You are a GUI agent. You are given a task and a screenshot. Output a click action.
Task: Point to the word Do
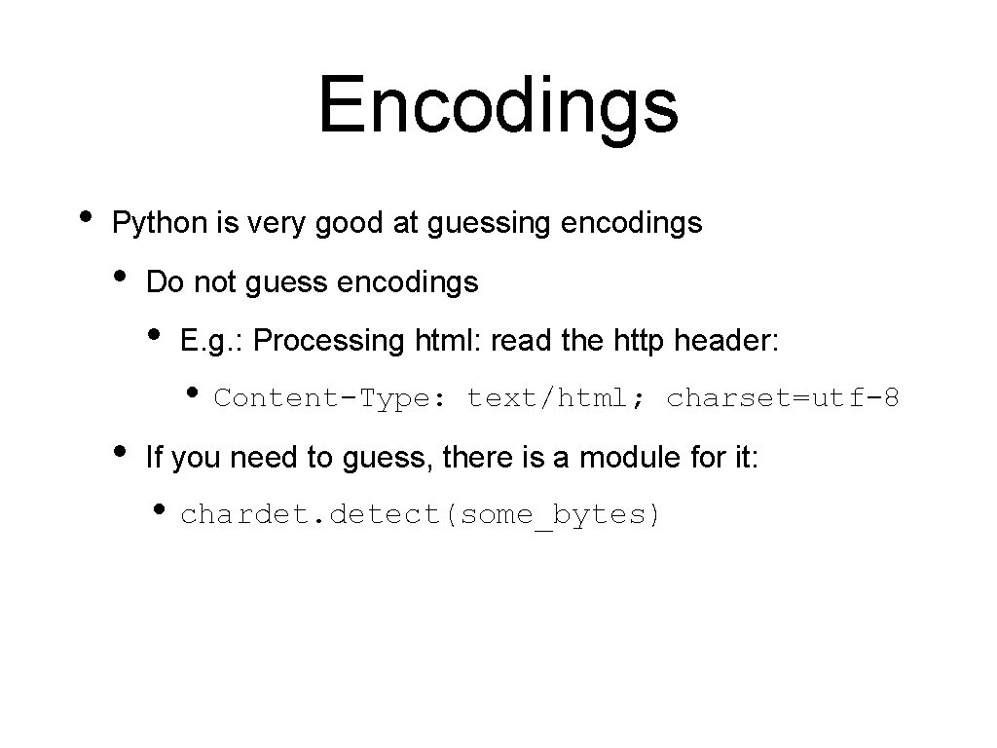[x=165, y=282]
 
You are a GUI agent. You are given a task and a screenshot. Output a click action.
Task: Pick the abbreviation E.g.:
[x=215, y=342]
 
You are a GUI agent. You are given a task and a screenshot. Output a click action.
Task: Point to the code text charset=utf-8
[x=783, y=398]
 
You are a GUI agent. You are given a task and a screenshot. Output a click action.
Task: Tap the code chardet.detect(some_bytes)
[x=421, y=515]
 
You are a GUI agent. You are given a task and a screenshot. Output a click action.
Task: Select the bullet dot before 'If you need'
[x=120, y=451]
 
